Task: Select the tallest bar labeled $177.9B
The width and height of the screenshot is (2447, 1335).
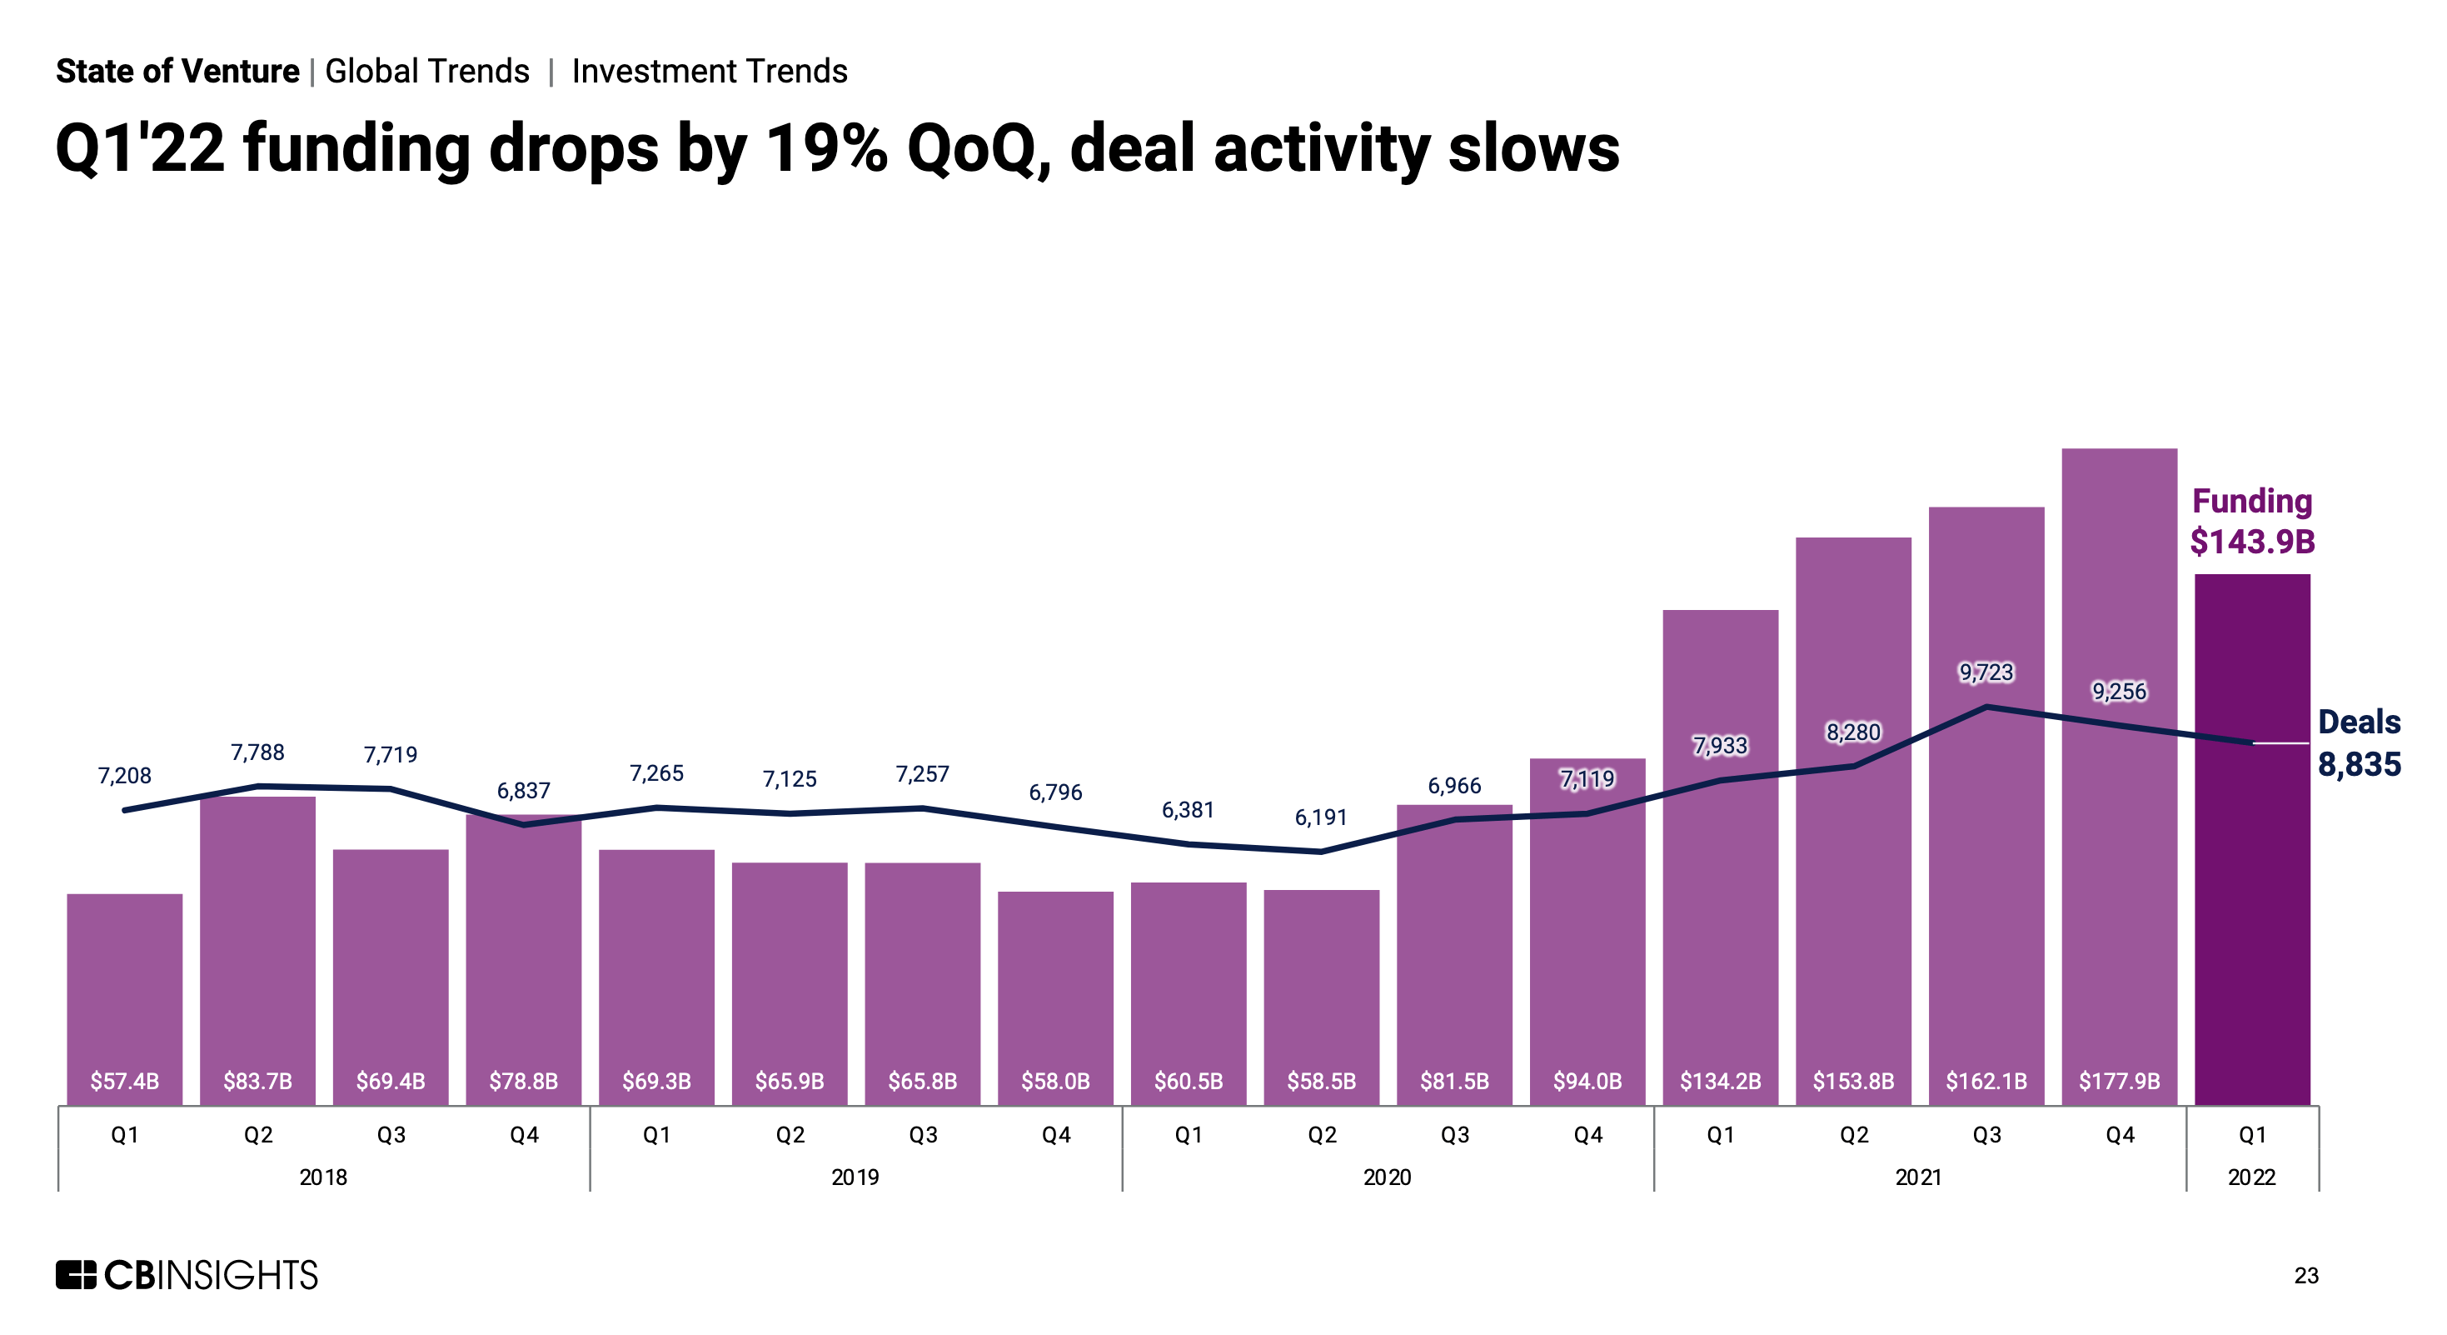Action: [x=2120, y=779]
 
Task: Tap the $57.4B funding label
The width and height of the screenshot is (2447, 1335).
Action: [x=124, y=1082]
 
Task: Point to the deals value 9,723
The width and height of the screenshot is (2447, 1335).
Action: [x=1986, y=672]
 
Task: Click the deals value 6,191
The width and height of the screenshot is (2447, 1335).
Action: [x=1320, y=817]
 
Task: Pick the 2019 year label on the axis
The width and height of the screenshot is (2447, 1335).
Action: [x=855, y=1177]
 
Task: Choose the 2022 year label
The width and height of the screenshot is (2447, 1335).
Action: [x=2251, y=1177]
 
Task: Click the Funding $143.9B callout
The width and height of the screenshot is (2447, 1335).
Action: [x=2251, y=522]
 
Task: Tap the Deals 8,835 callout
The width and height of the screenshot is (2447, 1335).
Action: [x=2359, y=743]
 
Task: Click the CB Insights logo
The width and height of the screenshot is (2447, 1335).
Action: [x=187, y=1275]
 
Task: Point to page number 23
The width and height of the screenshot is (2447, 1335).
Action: [x=2305, y=1276]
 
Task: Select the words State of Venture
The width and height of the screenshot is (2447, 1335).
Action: [x=177, y=72]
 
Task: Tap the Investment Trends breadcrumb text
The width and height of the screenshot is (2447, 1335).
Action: [x=709, y=72]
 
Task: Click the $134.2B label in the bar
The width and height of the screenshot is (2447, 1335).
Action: [x=1720, y=1082]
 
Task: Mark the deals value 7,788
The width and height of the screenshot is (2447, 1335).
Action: [x=257, y=752]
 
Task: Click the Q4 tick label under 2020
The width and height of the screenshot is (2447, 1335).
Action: [x=1587, y=1134]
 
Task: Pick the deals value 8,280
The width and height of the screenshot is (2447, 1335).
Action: [x=1853, y=732]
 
